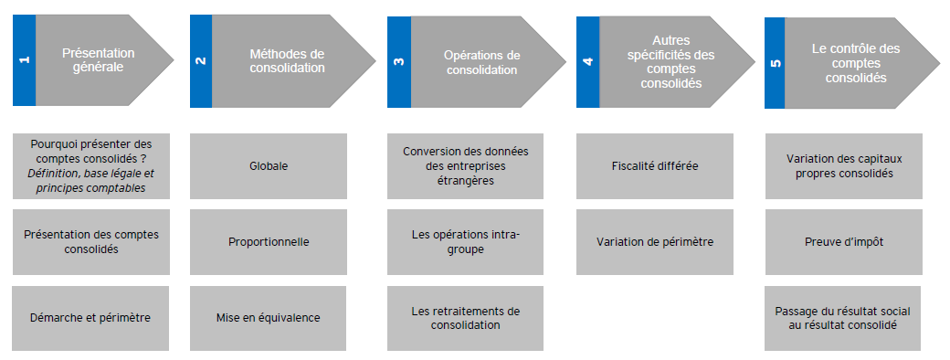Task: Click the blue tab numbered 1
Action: [x=24, y=60]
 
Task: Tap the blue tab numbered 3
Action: [x=398, y=62]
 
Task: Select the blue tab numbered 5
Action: [x=776, y=62]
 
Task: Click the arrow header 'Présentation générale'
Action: [x=99, y=60]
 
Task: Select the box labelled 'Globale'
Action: [x=269, y=166]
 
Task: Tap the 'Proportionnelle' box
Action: [x=269, y=242]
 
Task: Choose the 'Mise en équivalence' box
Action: [x=269, y=318]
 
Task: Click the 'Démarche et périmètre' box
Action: [x=91, y=318]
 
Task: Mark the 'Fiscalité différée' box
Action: [x=654, y=166]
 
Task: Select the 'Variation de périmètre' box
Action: [x=654, y=242]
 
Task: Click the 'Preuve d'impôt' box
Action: [x=844, y=242]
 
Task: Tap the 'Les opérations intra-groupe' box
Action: [x=464, y=242]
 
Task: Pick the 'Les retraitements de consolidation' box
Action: [x=464, y=318]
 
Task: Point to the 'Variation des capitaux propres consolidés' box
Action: [x=844, y=166]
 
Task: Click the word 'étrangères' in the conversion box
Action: [x=464, y=181]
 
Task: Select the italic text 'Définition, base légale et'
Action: [x=91, y=174]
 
